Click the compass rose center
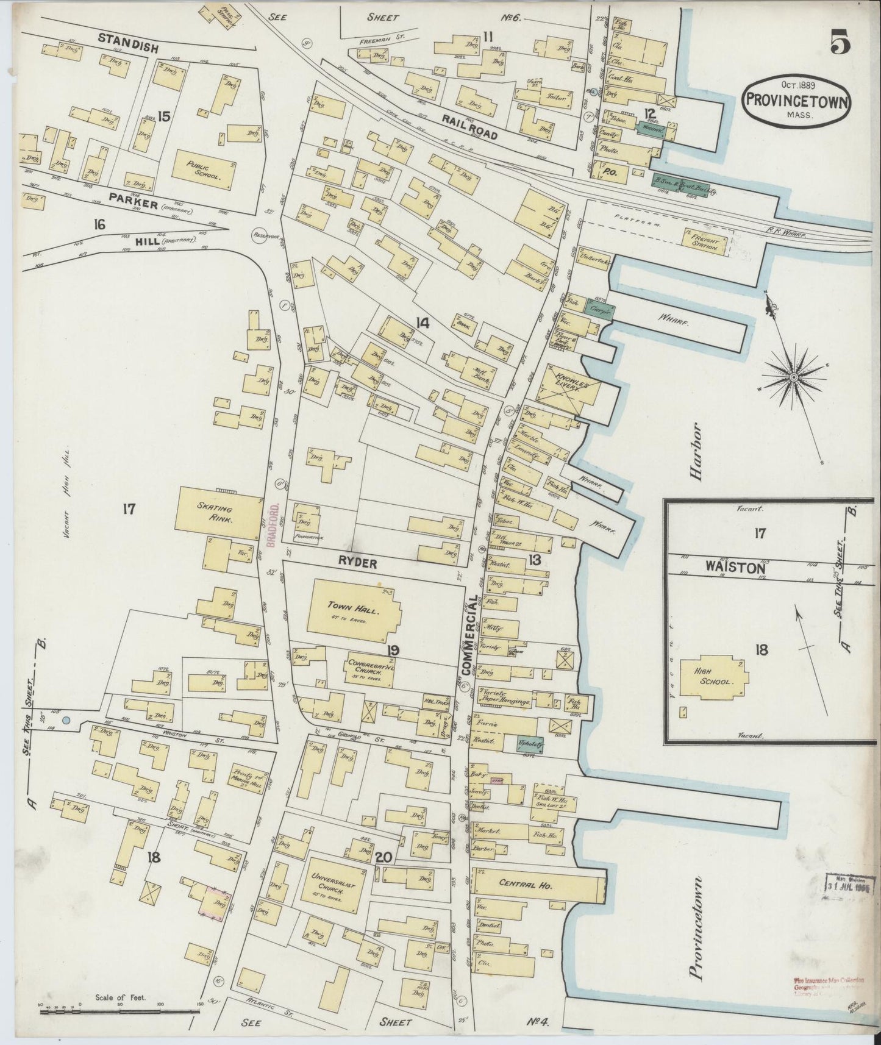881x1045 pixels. pyautogui.click(x=794, y=379)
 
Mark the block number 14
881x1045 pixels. pyautogui.click(x=422, y=323)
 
